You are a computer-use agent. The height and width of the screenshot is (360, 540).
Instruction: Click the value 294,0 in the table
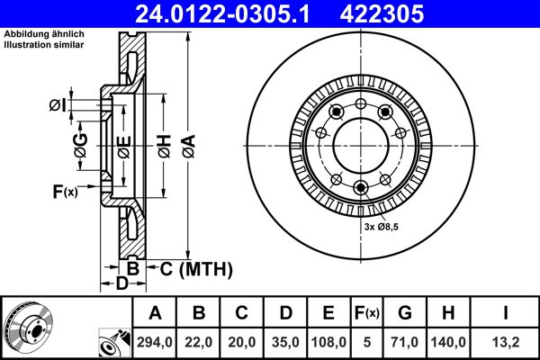(x=156, y=343)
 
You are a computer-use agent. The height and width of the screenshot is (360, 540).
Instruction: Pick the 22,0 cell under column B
(x=200, y=343)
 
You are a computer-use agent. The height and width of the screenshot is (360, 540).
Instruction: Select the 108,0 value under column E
(x=328, y=343)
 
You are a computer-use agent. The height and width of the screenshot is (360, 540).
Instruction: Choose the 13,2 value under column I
(x=506, y=343)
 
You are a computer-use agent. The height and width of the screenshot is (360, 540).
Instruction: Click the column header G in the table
(x=405, y=313)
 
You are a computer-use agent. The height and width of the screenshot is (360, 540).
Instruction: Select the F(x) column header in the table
(x=367, y=313)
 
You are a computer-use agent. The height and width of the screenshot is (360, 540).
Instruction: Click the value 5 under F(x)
(x=367, y=343)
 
